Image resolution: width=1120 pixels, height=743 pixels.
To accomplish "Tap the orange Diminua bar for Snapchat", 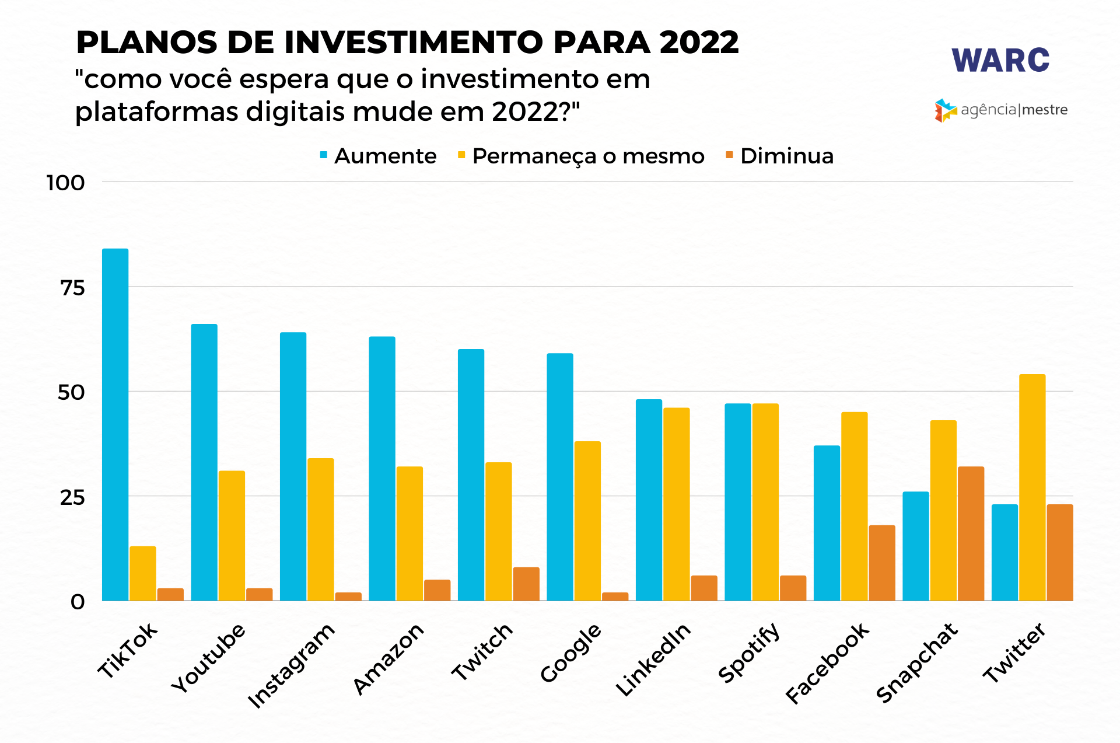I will pyautogui.click(x=971, y=533).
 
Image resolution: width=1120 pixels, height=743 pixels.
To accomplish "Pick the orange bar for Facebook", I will pyautogui.click(x=881, y=563).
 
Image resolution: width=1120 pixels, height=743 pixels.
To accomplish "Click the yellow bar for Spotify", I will pyautogui.click(x=765, y=502).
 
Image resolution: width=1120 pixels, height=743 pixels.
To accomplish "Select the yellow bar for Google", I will pyautogui.click(x=587, y=521).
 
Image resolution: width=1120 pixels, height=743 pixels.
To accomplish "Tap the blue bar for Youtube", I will pyautogui.click(x=204, y=462).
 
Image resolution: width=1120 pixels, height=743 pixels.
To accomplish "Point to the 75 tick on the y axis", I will pyautogui.click(x=73, y=287).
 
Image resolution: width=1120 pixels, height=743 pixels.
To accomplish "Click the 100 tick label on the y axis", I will pyautogui.click(x=65, y=183).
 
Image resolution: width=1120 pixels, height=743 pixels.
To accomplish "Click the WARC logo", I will pyautogui.click(x=1000, y=61).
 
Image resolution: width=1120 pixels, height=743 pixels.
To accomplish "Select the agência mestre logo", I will pyautogui.click(x=1001, y=110).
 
